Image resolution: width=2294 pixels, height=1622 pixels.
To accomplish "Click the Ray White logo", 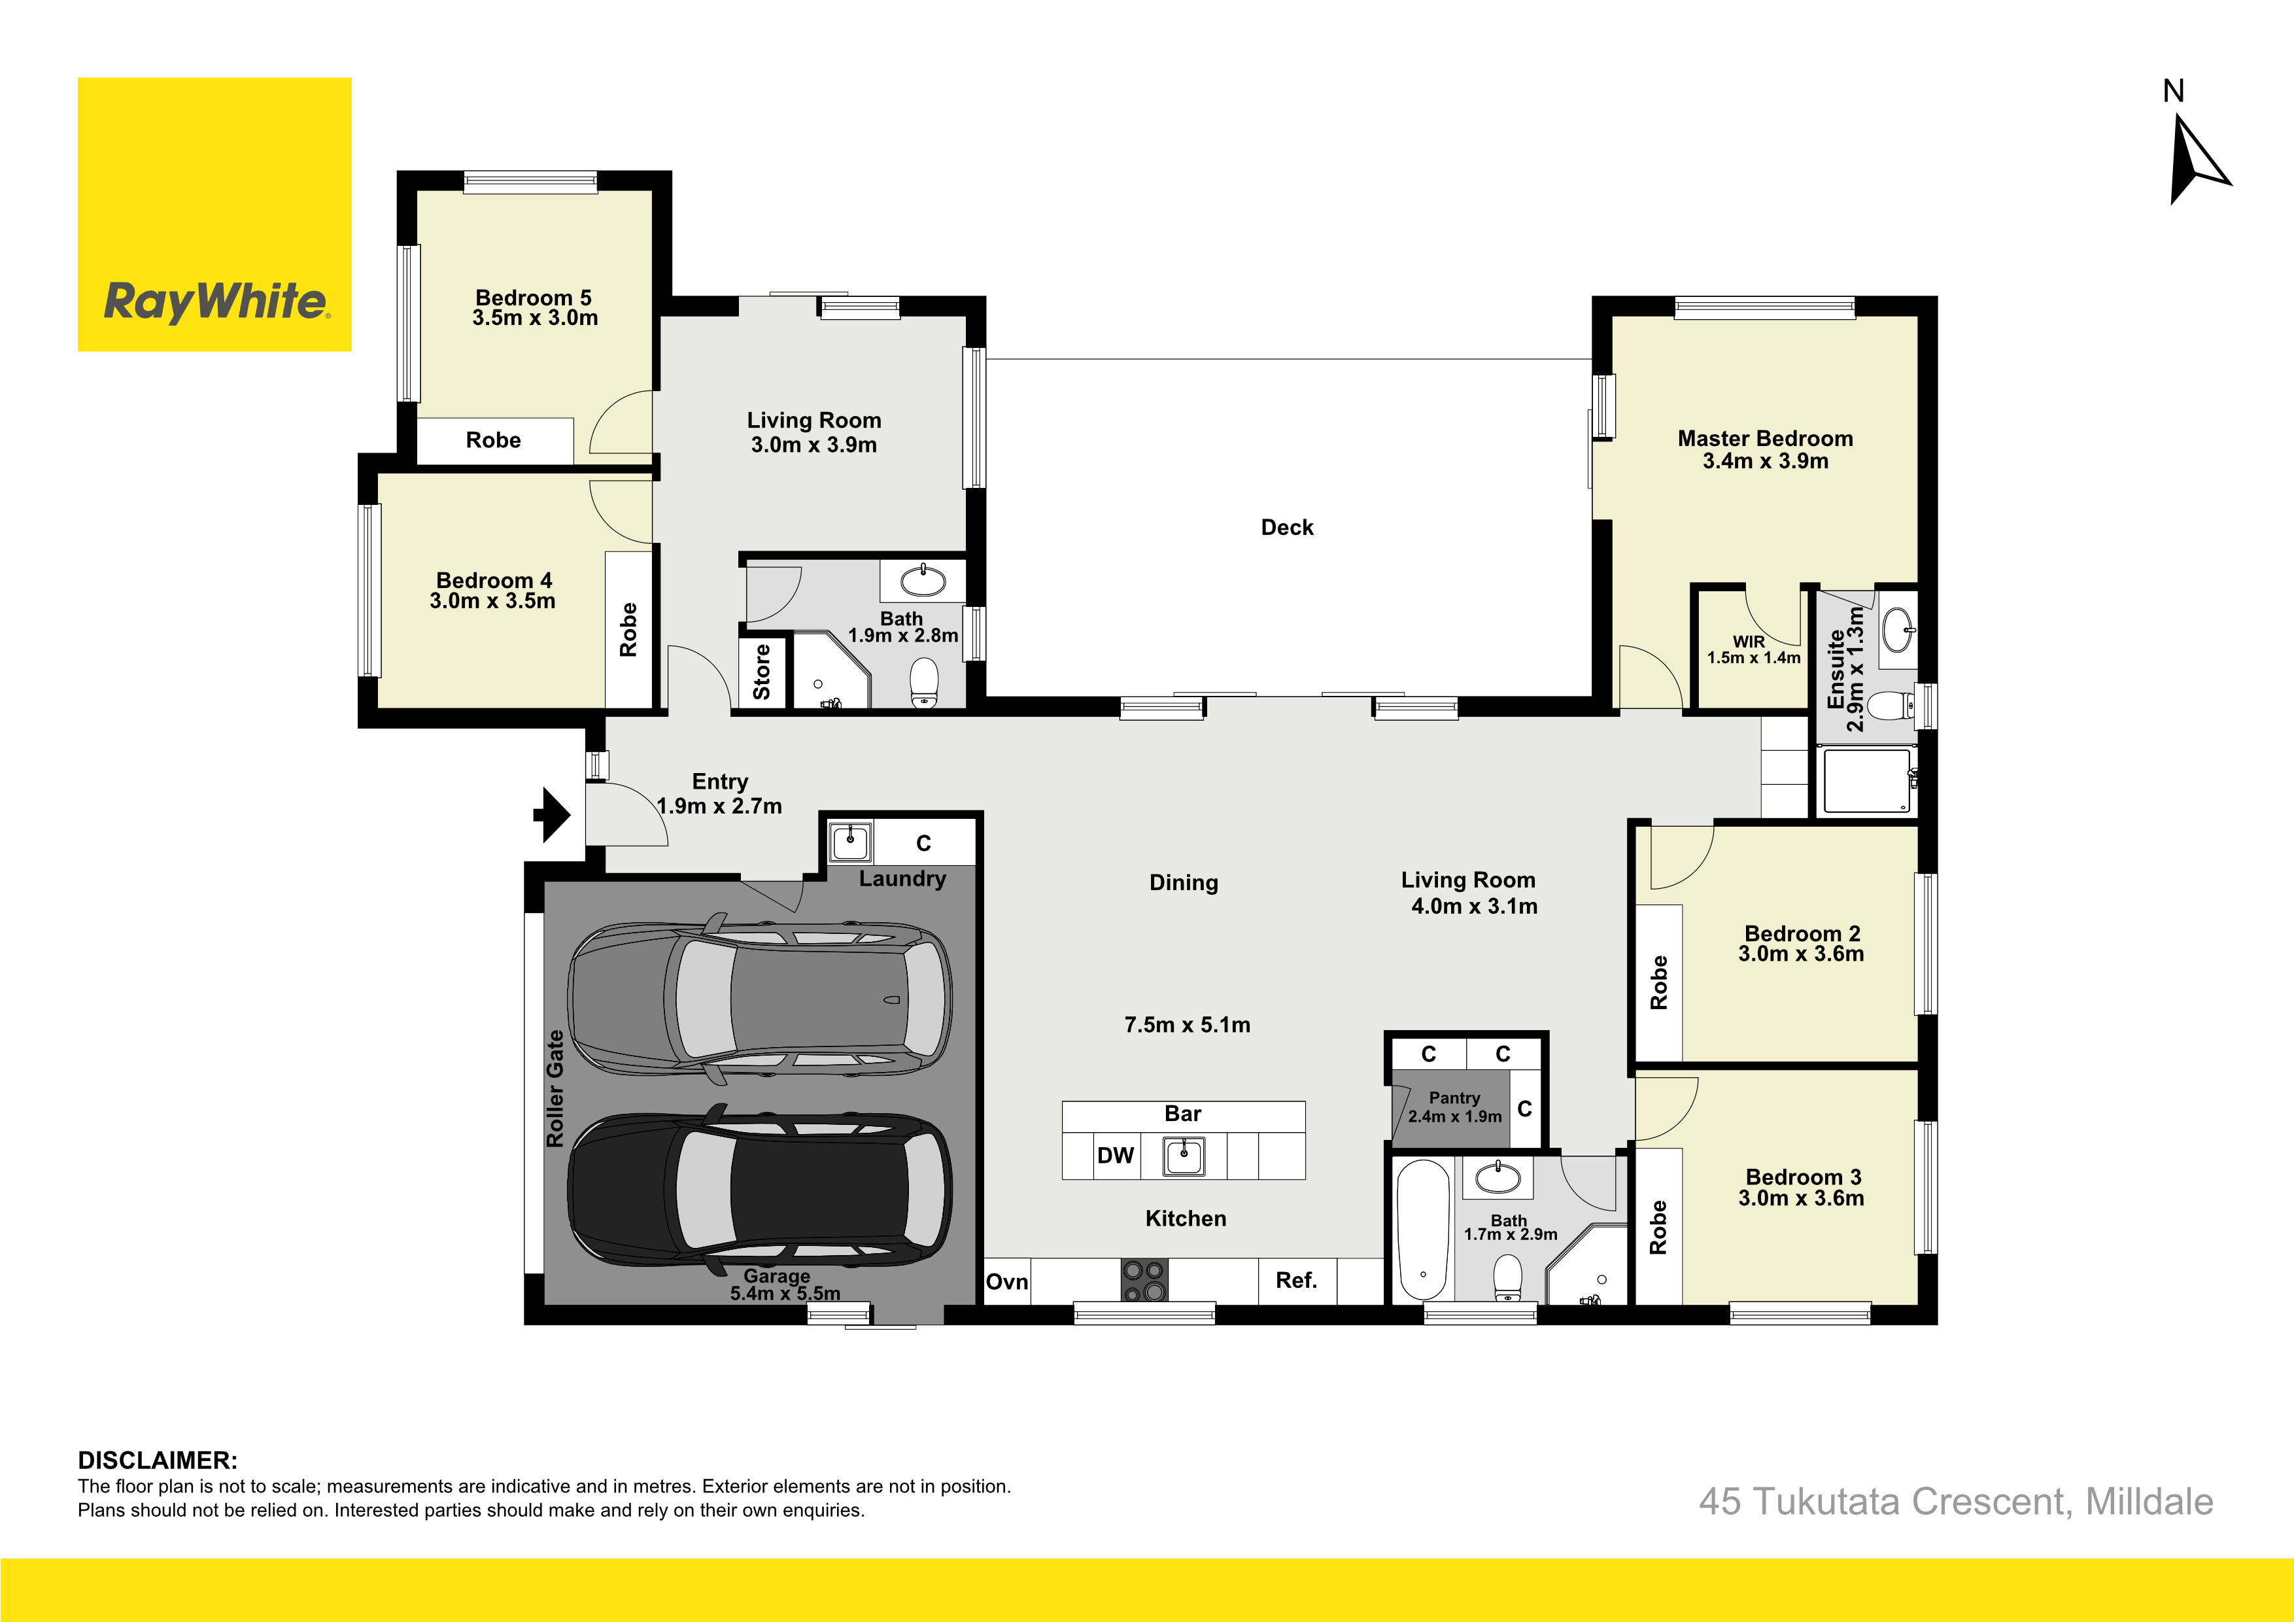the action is pos(214,215).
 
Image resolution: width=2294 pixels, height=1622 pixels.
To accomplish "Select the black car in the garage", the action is pos(759,1189).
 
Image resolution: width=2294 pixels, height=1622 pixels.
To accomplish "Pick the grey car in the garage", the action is pos(759,997).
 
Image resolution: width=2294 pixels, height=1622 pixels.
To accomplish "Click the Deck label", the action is pos(1287,528).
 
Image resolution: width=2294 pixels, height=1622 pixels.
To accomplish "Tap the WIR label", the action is pos(1749,642).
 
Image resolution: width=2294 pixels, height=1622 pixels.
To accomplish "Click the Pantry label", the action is pos(1455,1097).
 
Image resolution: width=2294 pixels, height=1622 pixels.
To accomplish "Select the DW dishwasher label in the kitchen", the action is pos(1115,1155).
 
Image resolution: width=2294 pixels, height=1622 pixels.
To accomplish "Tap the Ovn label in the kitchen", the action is pos(1007,1282).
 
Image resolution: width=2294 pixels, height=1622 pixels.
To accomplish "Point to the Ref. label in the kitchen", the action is pos(1296,1280).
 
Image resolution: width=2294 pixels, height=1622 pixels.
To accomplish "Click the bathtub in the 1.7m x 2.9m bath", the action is pos(1423,1230).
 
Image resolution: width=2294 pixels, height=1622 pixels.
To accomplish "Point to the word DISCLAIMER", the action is pos(158,1460).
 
